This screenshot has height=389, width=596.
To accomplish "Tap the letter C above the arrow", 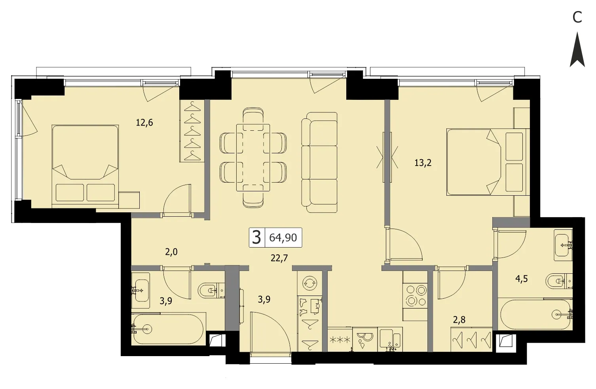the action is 577,17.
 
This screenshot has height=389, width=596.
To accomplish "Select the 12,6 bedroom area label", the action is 144,123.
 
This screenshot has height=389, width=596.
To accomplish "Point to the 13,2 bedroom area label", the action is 423,162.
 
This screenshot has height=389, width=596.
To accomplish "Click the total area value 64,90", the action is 283,237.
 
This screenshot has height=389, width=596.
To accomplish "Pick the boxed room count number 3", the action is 256,237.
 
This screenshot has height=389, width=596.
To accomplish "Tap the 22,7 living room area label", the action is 279,258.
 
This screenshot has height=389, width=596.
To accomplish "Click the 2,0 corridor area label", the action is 171,252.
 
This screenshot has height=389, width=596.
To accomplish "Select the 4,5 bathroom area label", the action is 522,279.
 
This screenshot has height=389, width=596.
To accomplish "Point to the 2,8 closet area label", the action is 459,320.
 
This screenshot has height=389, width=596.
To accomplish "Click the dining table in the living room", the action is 253,158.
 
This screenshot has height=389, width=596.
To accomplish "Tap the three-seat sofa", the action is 319,162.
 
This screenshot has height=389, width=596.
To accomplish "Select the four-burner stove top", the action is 415,296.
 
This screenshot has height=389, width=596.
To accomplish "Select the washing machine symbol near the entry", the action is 310,283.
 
